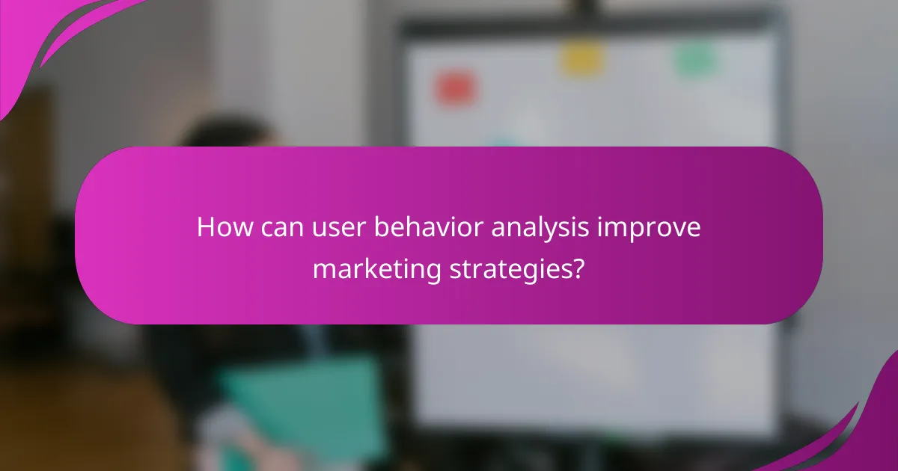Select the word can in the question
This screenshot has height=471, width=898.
pyautogui.click(x=276, y=228)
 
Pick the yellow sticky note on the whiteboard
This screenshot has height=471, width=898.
pyautogui.click(x=582, y=59)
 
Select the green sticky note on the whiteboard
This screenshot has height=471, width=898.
pyautogui.click(x=696, y=59)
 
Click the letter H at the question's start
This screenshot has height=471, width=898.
pyautogui.click(x=205, y=228)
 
